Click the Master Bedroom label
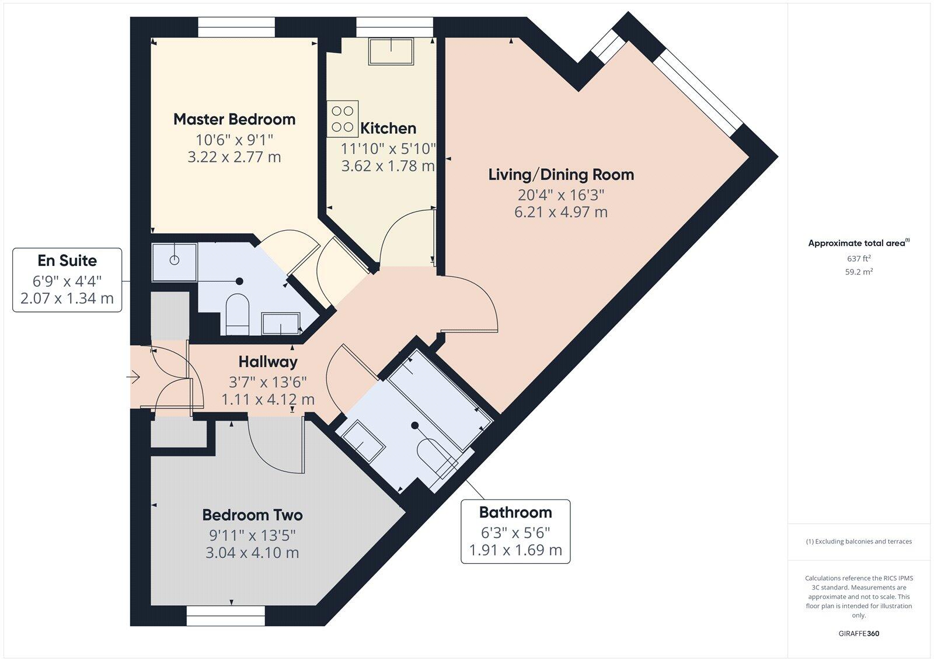234,119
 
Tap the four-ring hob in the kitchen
342,119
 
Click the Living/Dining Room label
560,174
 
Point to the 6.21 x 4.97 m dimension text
560,212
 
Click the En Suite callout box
67,280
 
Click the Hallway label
268,362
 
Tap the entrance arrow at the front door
134,377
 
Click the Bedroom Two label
252,515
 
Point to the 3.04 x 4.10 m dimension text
252,553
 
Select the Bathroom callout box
515,531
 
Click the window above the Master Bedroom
236,26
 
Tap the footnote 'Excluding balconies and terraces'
859,542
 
